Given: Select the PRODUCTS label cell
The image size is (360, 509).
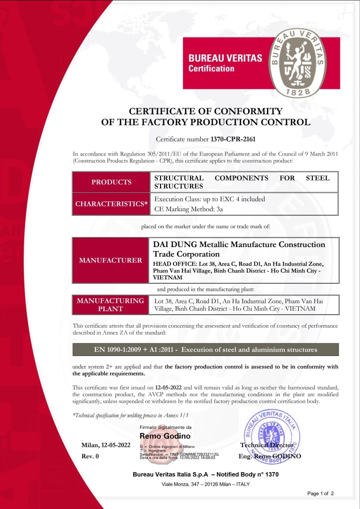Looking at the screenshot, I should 111,182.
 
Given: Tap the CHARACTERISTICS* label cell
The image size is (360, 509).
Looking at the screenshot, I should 111,204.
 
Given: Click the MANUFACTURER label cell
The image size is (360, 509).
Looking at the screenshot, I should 111,260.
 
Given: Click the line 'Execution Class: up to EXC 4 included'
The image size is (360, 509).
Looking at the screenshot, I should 209,199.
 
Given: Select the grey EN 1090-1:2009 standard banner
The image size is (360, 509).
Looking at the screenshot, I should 205,349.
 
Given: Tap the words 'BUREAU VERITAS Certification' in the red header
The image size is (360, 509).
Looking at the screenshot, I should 225,63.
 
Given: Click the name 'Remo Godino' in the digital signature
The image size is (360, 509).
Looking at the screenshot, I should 162,436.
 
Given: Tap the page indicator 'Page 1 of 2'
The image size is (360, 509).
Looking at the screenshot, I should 320,494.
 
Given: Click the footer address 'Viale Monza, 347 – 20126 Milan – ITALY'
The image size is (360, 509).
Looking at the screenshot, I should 205,484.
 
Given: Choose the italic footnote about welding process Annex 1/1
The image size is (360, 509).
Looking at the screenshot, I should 131,415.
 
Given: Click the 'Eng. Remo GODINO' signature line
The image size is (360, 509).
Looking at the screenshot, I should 270,456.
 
